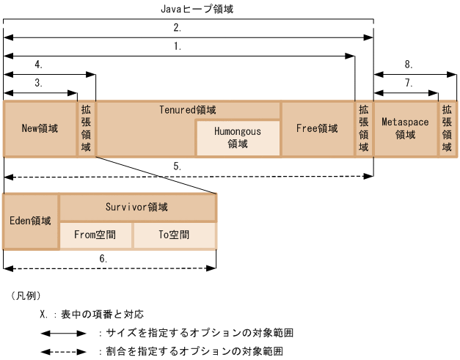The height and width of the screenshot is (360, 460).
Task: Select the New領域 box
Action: pyautogui.click(x=40, y=128)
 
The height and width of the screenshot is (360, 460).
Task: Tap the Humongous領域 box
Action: pyautogui.click(x=238, y=138)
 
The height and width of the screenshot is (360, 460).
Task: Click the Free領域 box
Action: pyautogui.click(x=317, y=128)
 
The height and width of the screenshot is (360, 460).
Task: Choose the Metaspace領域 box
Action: pyautogui.click(x=405, y=128)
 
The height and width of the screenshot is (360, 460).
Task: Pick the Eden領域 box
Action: pyautogui.click(x=31, y=221)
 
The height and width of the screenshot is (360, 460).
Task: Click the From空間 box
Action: pyautogui.click(x=95, y=235)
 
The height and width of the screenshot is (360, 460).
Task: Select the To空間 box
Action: pyautogui.click(x=174, y=235)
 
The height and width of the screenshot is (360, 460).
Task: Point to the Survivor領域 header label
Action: pyautogui.click(x=136, y=207)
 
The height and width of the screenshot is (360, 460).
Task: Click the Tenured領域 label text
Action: pyautogui.click(x=188, y=110)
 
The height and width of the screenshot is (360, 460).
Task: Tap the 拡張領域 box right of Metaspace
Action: pyautogui.click(x=447, y=128)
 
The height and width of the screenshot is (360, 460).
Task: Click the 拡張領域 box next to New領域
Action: pyautogui.click(x=86, y=128)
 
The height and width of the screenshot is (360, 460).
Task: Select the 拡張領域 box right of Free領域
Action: pyautogui.click(x=364, y=128)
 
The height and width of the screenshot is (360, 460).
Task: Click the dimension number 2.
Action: pyautogui.click(x=178, y=28)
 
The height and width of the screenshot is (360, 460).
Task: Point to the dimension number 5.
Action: pyautogui.click(x=178, y=167)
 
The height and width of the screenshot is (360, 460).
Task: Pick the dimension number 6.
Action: pyautogui.click(x=103, y=259)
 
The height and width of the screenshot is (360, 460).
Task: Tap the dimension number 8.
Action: pyautogui.click(x=409, y=65)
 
